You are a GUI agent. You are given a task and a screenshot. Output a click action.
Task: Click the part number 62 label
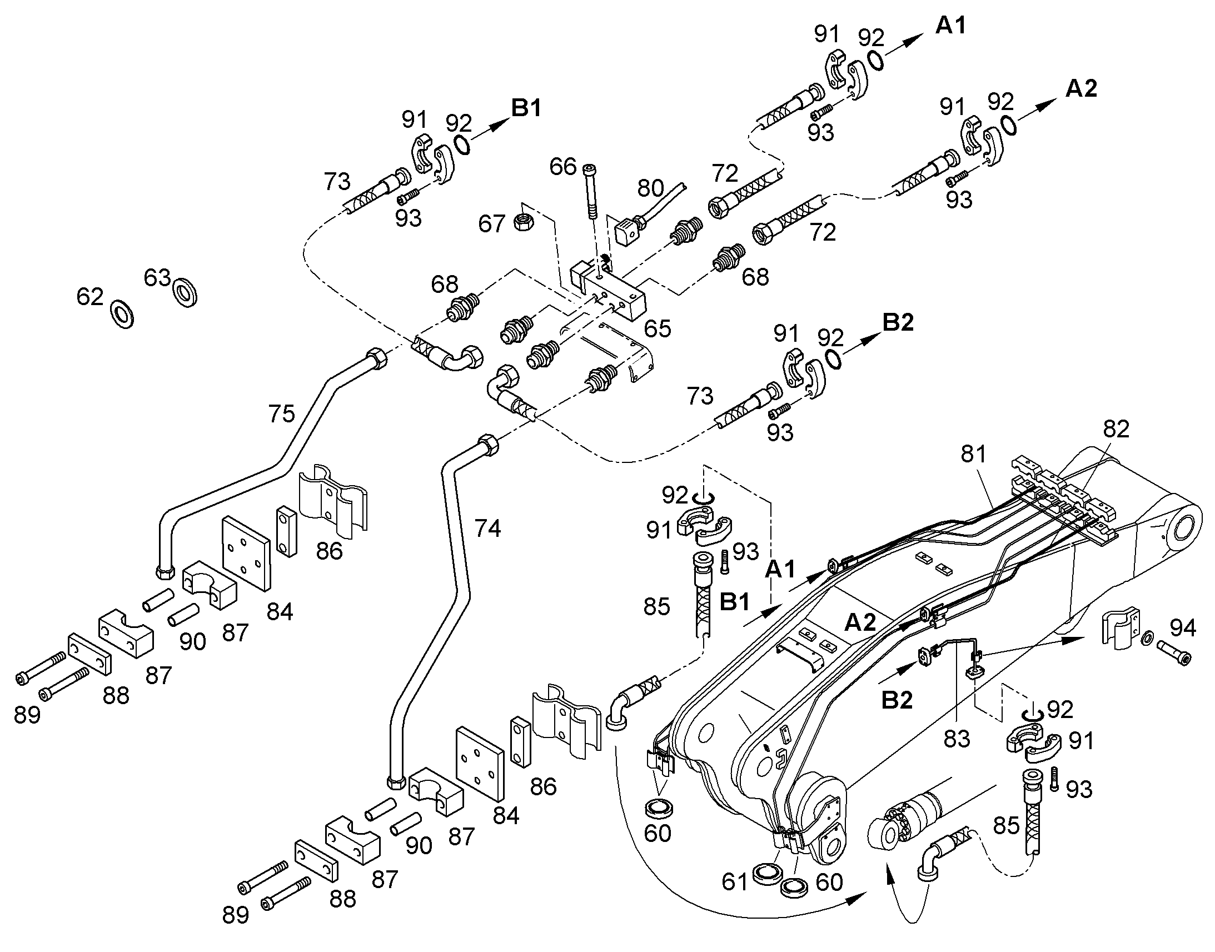pos(90,297)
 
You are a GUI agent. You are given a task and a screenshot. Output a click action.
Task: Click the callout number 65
pos(658,329)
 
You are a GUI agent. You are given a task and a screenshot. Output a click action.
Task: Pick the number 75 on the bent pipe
pos(281,414)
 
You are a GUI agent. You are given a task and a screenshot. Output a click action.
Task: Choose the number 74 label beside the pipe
pos(487,528)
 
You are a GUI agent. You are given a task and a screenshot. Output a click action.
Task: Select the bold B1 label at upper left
pos(526,108)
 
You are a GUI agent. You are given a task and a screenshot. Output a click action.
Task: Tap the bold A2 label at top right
pos(1081,88)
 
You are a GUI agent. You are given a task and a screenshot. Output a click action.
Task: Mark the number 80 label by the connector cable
pos(650,188)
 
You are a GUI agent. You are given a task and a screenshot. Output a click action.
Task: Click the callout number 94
pos(1183,628)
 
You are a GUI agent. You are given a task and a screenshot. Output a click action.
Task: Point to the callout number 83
pos(957,739)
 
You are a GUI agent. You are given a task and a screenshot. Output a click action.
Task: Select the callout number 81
pos(974,454)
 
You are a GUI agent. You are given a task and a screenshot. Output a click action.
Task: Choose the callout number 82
pos(1116,428)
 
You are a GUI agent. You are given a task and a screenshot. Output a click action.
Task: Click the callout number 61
pos(734,881)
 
